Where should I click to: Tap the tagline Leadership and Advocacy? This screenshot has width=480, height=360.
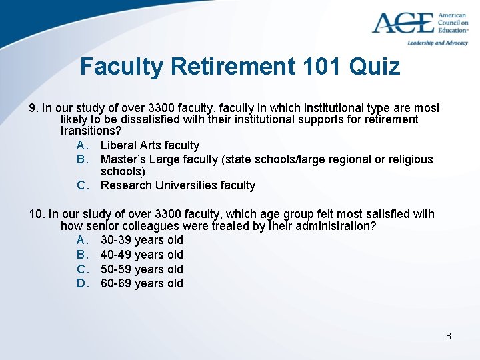pos(437,43)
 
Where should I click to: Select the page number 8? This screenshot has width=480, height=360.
pos(449,336)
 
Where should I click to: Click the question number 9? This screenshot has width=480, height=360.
pos(33,108)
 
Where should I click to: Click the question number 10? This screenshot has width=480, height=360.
pos(37,214)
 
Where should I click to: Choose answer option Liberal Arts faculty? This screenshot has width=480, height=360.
pos(149,145)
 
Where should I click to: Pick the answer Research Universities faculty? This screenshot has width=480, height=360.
pos(177,185)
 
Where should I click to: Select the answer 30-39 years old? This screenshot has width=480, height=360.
pos(141,240)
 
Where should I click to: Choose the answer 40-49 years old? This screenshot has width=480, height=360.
pos(141,255)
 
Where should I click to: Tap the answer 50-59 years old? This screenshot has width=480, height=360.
pos(141,269)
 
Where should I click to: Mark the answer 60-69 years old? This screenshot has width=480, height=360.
pos(141,283)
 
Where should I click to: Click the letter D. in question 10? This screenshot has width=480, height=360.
pos(83,283)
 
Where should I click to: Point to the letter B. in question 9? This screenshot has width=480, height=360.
pos(83,159)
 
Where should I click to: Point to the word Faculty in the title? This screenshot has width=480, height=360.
pos(121,67)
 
